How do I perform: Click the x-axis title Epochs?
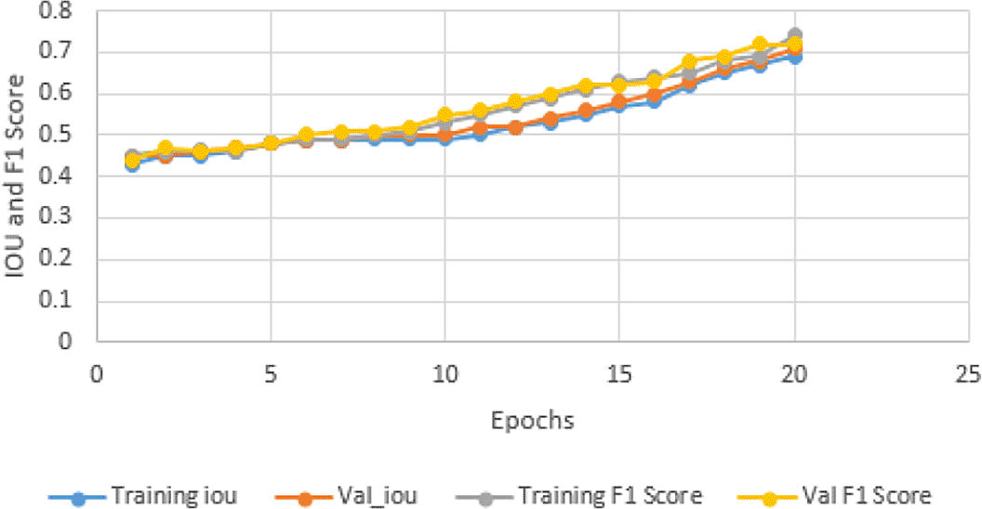[x=532, y=421]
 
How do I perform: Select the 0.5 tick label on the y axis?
[x=64, y=136]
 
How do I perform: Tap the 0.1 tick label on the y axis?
[x=64, y=302]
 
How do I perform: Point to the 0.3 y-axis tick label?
[x=64, y=219]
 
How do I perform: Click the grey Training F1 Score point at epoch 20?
[x=795, y=36]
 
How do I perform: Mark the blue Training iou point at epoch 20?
[x=795, y=57]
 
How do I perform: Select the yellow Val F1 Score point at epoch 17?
[x=690, y=63]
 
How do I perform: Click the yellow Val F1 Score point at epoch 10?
[x=445, y=116]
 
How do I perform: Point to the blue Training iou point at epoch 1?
[x=132, y=164]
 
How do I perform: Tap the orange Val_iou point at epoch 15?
[x=619, y=102]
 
